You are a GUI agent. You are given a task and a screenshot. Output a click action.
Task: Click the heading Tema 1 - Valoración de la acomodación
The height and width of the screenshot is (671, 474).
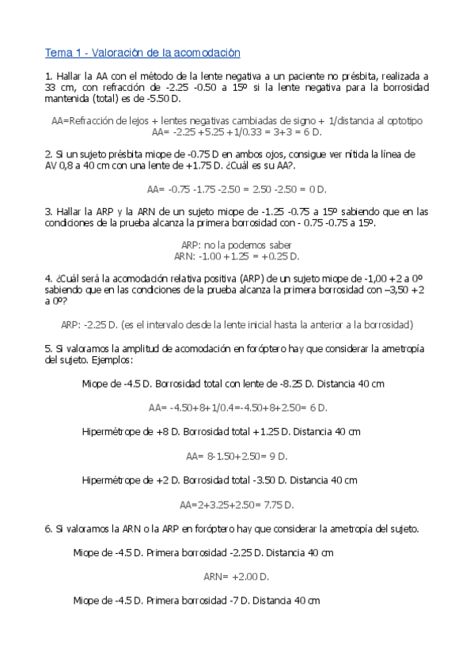click(x=142, y=53)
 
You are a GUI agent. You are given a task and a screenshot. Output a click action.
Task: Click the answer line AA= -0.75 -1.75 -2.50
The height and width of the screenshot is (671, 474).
click(x=237, y=189)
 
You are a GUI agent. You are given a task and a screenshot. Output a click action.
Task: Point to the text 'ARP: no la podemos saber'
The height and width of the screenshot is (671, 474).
click(x=237, y=245)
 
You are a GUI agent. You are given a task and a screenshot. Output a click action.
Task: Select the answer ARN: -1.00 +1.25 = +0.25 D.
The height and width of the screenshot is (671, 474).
click(x=237, y=256)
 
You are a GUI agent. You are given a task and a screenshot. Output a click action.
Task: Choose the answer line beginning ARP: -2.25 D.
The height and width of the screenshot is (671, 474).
click(x=237, y=325)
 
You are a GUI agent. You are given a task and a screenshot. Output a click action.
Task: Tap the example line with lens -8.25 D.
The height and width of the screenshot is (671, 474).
click(x=233, y=384)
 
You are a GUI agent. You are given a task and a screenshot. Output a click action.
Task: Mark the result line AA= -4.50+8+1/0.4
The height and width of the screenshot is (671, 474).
click(x=237, y=408)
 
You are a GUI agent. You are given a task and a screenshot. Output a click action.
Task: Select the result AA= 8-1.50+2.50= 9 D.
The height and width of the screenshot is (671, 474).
click(x=237, y=457)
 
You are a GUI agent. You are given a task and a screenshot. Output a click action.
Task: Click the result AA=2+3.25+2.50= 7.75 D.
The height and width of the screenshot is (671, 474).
click(x=237, y=505)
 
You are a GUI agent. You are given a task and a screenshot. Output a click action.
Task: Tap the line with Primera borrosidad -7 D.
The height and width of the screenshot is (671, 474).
click(x=196, y=601)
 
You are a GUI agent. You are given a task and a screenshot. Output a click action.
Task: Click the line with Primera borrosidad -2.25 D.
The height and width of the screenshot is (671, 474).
click(x=203, y=552)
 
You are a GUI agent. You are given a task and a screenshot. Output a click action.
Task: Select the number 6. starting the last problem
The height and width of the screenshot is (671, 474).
click(x=48, y=529)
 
